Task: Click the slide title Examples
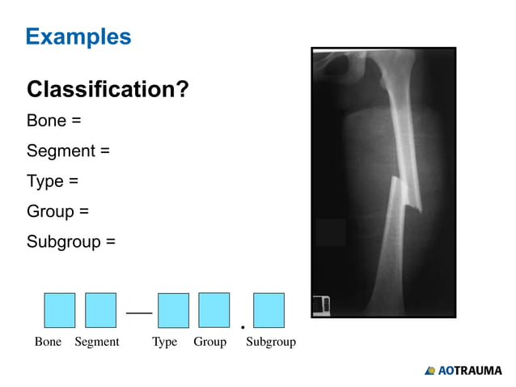pyautogui.click(x=78, y=36)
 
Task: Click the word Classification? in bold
pyautogui.click(x=108, y=89)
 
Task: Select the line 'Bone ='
pyautogui.click(x=54, y=121)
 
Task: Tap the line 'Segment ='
pyautogui.click(x=68, y=151)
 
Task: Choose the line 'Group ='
pyautogui.click(x=57, y=211)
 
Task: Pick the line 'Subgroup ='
pyautogui.click(x=71, y=241)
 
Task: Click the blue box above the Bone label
pyautogui.click(x=59, y=310)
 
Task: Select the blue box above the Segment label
pyautogui.click(x=100, y=310)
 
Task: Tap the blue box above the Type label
pyautogui.click(x=173, y=310)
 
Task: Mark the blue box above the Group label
pyautogui.click(x=214, y=310)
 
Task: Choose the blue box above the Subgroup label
pyautogui.click(x=269, y=310)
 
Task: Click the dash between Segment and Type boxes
pyautogui.click(x=138, y=311)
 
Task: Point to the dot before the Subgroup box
pyautogui.click(x=243, y=328)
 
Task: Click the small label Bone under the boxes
pyautogui.click(x=48, y=342)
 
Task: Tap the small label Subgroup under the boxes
pyautogui.click(x=270, y=342)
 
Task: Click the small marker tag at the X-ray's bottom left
pyautogui.click(x=321, y=305)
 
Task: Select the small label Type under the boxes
pyautogui.click(x=164, y=342)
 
